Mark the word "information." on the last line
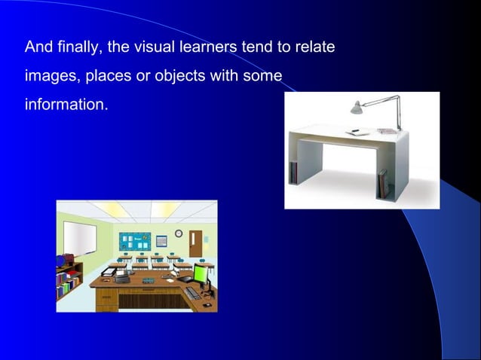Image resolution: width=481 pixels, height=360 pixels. [66, 104]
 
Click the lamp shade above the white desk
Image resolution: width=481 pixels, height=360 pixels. [357, 108]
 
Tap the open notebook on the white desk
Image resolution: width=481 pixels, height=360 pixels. [353, 132]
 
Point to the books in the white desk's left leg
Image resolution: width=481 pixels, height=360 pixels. [293, 172]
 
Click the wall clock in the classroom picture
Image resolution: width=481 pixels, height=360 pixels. [179, 233]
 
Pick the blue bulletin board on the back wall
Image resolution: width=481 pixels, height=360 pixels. [136, 242]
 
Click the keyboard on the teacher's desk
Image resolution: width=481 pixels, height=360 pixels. [193, 293]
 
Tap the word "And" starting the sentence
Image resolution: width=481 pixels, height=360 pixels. [37, 48]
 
